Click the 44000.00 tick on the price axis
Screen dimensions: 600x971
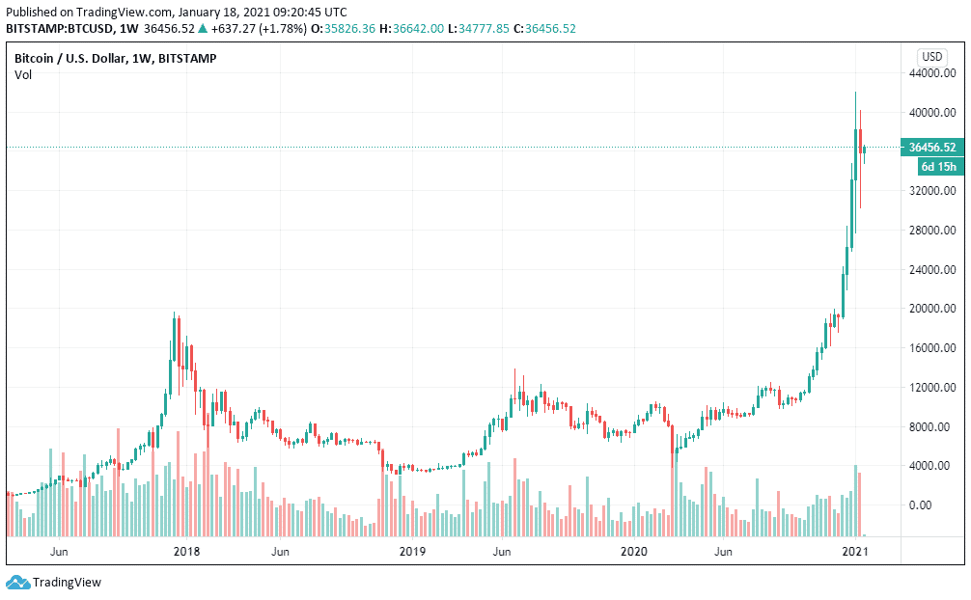[933, 73]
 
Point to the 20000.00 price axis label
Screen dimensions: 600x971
[933, 309]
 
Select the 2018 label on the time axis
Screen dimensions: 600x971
[186, 552]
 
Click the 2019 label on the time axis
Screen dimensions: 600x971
[412, 552]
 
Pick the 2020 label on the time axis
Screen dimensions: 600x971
[634, 552]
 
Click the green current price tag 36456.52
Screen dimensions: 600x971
[932, 148]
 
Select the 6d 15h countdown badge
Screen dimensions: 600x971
[938, 167]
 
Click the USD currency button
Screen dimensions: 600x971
[933, 56]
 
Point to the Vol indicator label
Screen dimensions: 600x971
[23, 75]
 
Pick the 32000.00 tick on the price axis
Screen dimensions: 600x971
[933, 191]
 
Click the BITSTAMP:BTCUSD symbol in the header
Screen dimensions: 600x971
[60, 28]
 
